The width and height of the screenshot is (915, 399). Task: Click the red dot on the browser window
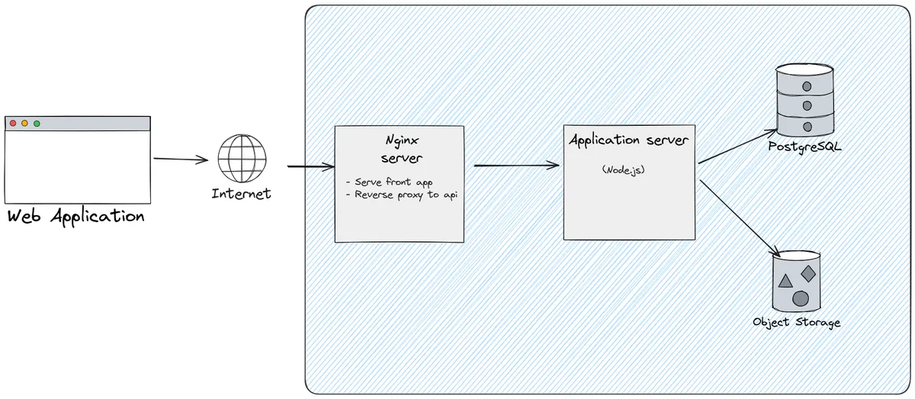12,123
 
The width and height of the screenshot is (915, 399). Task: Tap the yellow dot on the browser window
24,123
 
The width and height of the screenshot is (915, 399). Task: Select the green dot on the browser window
37,123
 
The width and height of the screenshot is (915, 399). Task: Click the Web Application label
75,216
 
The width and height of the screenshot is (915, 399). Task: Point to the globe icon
242,158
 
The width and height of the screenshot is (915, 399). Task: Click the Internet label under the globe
241,194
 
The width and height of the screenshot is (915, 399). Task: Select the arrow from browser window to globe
181,159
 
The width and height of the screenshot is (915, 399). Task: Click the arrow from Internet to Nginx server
310,166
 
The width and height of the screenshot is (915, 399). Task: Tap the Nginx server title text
402,150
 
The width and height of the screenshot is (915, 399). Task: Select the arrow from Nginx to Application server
516,166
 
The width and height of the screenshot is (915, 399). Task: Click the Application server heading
629,141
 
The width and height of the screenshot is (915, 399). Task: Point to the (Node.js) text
623,169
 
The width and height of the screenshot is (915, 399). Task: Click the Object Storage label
796,322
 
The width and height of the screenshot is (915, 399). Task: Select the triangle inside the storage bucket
785,281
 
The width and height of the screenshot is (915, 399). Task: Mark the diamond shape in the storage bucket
808,273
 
